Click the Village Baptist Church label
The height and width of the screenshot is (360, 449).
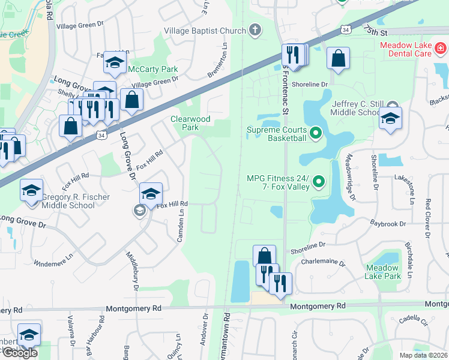(x=205, y=31)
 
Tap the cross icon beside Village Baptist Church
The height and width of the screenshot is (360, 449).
(x=255, y=31)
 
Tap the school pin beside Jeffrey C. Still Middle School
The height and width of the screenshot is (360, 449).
(x=390, y=119)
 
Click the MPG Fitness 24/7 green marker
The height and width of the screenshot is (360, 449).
(x=319, y=182)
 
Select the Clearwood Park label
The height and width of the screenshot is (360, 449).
(x=190, y=123)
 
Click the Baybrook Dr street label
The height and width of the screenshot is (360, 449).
(x=388, y=224)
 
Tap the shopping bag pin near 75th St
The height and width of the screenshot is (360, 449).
(x=339, y=59)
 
